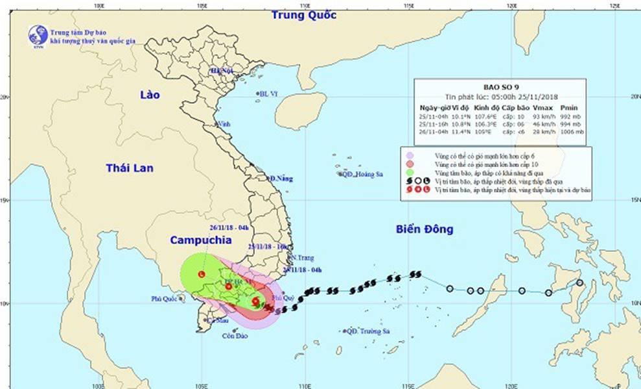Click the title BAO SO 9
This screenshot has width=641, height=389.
pos(498,85)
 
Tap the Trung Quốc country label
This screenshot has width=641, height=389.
pos(304,15)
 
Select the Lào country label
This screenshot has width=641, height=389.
pos(149,95)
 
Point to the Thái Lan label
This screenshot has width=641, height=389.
pos(130,168)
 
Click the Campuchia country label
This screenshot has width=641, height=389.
pos(200,240)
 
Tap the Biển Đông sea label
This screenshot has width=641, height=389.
pos(425,229)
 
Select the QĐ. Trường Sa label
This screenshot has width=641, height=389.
pos(367,331)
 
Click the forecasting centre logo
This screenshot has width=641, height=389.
pos(38,34)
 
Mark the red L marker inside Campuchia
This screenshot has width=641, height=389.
pos(202,275)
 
